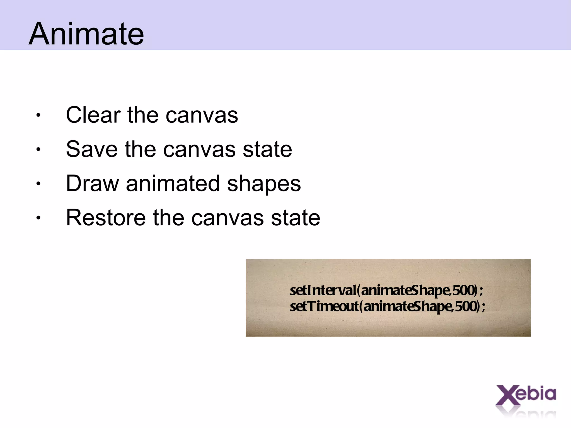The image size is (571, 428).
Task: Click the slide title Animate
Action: pyautogui.click(x=86, y=34)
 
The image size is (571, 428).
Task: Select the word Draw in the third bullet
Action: pyautogui.click(x=92, y=183)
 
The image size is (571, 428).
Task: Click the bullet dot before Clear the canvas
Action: pyautogui.click(x=38, y=115)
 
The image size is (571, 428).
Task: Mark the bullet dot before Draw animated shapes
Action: pyautogui.click(x=38, y=183)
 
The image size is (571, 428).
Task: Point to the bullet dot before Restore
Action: pyautogui.click(x=38, y=218)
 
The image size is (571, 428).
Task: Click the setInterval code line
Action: pyautogui.click(x=386, y=290)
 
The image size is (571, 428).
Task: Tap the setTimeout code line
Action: pyautogui.click(x=387, y=306)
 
